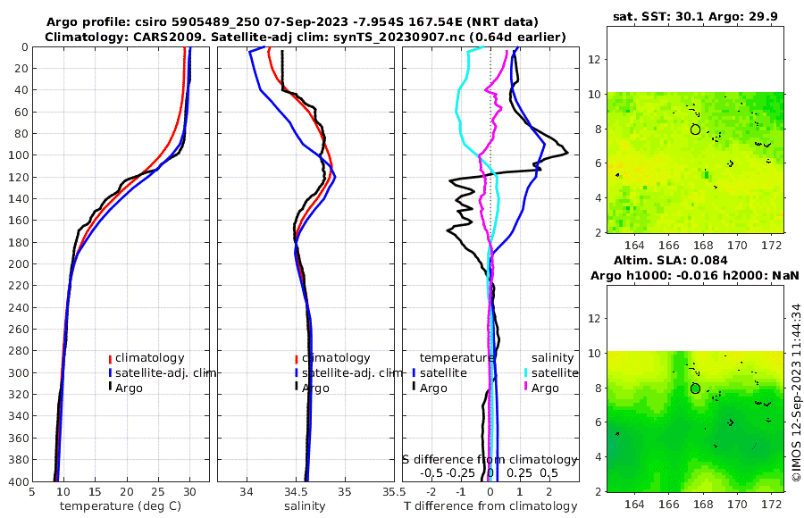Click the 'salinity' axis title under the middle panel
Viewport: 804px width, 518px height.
click(x=305, y=506)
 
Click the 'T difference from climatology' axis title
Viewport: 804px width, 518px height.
click(x=490, y=506)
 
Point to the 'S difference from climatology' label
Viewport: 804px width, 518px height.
click(x=490, y=458)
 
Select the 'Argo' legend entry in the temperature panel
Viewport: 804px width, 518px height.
click(x=130, y=388)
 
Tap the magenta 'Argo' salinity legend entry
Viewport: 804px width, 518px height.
click(x=545, y=388)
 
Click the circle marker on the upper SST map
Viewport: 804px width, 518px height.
click(x=696, y=129)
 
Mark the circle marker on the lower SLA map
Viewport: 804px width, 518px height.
click(x=696, y=388)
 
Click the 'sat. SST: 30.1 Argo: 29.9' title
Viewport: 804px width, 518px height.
click(x=694, y=16)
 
